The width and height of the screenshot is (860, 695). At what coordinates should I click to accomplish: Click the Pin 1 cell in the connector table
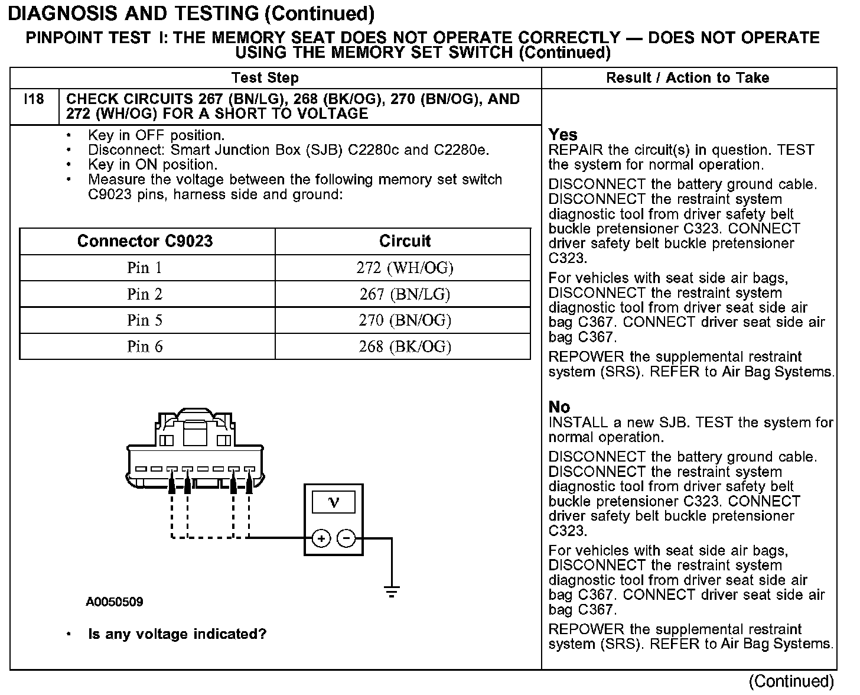(x=145, y=268)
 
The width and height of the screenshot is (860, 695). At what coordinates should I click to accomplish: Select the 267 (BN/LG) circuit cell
(x=405, y=294)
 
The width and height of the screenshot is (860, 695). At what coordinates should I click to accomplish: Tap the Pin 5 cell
(x=145, y=320)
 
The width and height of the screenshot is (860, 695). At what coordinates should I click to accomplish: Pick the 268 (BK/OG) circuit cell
(x=405, y=346)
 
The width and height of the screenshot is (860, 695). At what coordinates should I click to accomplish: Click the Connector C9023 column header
(x=145, y=241)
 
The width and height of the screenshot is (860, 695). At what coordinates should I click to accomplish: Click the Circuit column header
(x=405, y=241)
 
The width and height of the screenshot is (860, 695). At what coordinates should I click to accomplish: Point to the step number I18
(x=34, y=99)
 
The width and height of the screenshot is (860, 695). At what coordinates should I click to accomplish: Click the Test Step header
(x=265, y=78)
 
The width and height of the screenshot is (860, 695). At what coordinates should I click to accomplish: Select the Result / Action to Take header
(x=688, y=78)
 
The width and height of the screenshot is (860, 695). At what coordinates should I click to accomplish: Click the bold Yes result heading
(x=563, y=135)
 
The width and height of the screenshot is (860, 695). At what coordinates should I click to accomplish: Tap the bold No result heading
(x=559, y=407)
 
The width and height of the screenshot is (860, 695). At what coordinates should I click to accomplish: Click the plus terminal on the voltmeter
(x=321, y=538)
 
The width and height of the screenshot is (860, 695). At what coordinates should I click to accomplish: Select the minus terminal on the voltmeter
(x=347, y=538)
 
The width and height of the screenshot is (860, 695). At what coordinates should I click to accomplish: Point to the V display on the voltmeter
(x=334, y=502)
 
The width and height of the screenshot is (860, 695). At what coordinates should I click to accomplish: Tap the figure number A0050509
(x=115, y=602)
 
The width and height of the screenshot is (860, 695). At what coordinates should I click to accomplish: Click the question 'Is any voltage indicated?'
(x=177, y=634)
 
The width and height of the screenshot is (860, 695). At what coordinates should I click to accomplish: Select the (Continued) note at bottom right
(x=791, y=681)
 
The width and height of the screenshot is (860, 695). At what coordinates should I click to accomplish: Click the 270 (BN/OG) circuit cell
(x=405, y=320)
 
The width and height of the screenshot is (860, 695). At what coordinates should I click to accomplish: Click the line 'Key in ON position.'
(x=152, y=165)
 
